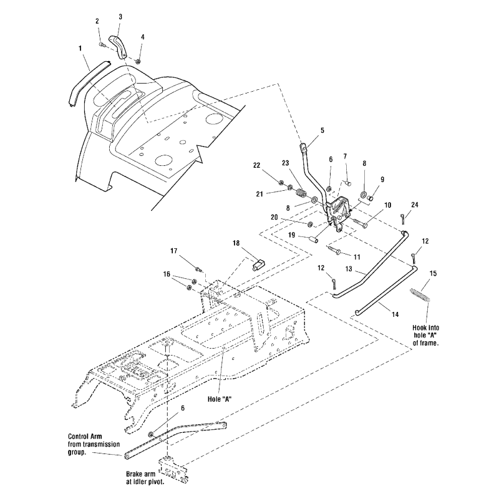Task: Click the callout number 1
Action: coord(80,48)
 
